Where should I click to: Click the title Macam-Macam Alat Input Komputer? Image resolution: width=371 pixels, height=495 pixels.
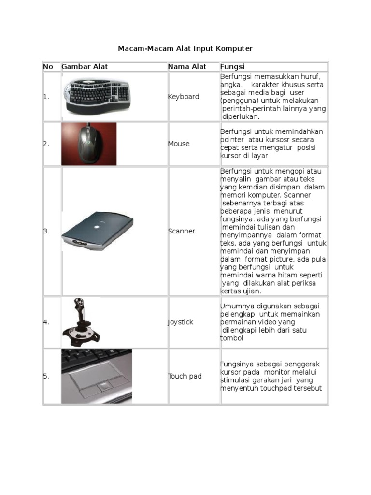tap(185, 49)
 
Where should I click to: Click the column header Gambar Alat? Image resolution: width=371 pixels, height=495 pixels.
tap(85, 67)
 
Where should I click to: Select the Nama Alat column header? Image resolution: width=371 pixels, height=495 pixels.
tap(187, 67)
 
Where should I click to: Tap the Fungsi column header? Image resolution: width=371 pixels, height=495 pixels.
tap(232, 67)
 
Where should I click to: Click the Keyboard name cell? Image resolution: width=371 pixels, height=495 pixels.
tap(184, 97)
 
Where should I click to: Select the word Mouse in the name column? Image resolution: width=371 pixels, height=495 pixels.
tap(179, 144)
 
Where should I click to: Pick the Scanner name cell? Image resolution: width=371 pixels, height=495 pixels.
tap(182, 231)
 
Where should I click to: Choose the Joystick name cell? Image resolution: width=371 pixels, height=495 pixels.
tap(181, 322)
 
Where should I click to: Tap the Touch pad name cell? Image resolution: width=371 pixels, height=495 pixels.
tap(185, 376)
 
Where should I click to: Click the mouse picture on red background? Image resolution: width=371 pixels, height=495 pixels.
tap(89, 144)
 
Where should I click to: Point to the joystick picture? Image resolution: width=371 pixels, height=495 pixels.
tap(81, 322)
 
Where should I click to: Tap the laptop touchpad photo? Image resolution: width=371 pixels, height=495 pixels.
tap(97, 376)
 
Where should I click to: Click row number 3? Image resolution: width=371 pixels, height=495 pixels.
tap(46, 231)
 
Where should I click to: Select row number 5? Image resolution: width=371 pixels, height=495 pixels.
tap(46, 376)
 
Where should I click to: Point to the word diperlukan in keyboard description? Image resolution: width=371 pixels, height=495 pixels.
tap(241, 116)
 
